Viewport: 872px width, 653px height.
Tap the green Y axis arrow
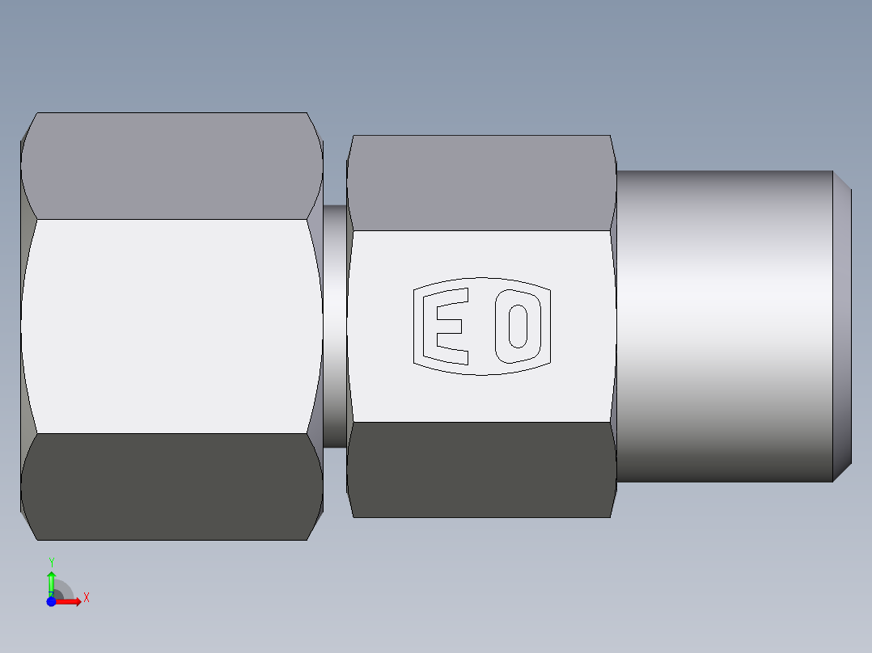(x=51, y=581)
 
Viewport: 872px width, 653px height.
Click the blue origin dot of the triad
(x=51, y=601)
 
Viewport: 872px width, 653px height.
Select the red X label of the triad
(x=86, y=598)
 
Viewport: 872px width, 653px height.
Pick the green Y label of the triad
(x=52, y=562)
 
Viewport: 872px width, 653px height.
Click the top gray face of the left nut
(x=171, y=166)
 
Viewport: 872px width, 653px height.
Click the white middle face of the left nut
(x=171, y=326)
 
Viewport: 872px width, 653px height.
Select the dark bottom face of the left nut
(x=171, y=486)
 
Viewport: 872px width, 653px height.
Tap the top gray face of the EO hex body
(x=481, y=183)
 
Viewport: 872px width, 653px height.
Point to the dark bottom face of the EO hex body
(x=481, y=469)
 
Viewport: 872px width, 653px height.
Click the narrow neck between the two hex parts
(x=335, y=326)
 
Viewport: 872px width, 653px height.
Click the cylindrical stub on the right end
(x=724, y=326)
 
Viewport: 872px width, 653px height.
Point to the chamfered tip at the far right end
(x=842, y=326)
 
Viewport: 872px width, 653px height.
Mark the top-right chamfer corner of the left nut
(x=316, y=129)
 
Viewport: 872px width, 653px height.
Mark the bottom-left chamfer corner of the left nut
(x=28, y=525)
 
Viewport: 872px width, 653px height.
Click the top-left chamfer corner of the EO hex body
(x=350, y=145)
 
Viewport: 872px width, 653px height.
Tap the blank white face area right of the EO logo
(x=582, y=326)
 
